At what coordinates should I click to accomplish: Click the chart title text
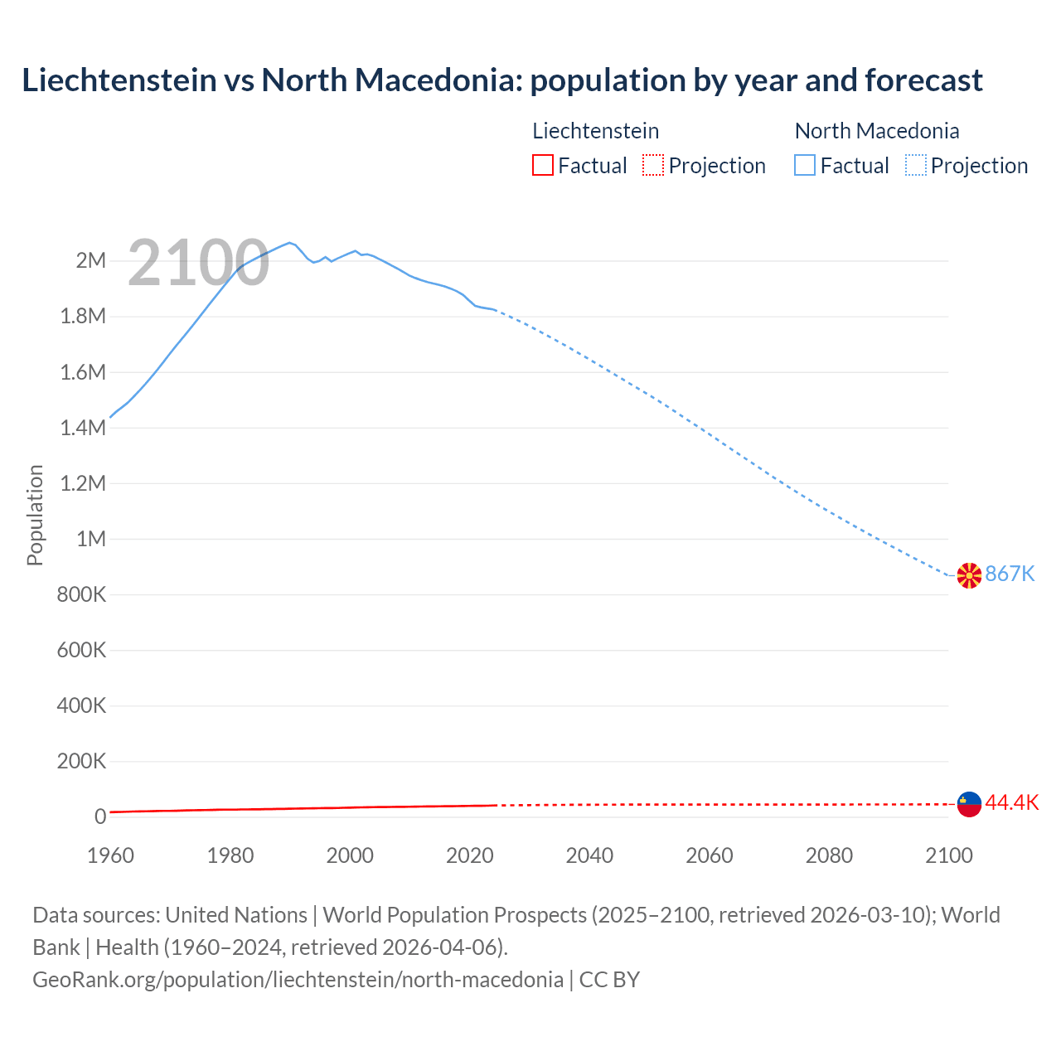click(501, 80)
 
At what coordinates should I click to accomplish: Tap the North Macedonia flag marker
click(969, 575)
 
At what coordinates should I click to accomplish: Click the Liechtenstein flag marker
click(969, 803)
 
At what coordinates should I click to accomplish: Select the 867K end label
click(1010, 574)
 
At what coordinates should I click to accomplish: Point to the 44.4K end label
click(1011, 802)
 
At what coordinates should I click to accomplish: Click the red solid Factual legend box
click(543, 166)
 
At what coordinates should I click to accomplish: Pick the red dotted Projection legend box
click(653, 166)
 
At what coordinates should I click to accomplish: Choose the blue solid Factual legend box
click(805, 166)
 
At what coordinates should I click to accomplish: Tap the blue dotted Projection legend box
click(916, 166)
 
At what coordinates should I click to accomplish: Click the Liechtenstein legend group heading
click(595, 131)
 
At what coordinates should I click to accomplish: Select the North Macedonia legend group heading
click(876, 131)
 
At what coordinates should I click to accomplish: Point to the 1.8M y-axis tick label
click(83, 317)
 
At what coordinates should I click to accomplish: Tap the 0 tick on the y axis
click(100, 817)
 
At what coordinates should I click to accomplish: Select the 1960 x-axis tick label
click(110, 855)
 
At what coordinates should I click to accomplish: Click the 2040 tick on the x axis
click(589, 855)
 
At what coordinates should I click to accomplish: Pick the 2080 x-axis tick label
click(829, 855)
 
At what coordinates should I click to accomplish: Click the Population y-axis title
click(35, 516)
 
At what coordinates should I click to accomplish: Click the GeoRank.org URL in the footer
click(298, 980)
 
